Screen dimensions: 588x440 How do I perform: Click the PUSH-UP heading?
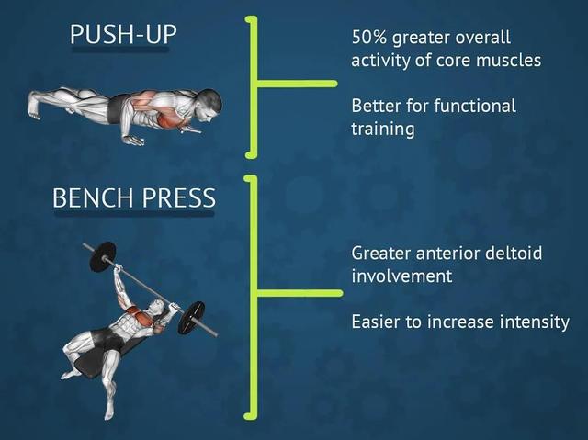[123, 35]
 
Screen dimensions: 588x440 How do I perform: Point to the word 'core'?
[453, 61]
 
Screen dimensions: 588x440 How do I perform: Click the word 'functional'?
[475, 106]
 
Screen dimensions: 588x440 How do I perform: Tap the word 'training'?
[383, 130]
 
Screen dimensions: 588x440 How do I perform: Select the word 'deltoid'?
[514, 253]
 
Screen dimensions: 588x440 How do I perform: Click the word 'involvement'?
[401, 276]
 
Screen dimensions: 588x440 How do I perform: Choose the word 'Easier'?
[376, 322]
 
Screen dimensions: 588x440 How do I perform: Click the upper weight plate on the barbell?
[102, 256]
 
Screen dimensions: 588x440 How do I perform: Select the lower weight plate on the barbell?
[191, 318]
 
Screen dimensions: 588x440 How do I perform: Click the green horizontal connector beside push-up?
[297, 84]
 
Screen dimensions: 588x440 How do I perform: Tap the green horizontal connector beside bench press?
[300, 293]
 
